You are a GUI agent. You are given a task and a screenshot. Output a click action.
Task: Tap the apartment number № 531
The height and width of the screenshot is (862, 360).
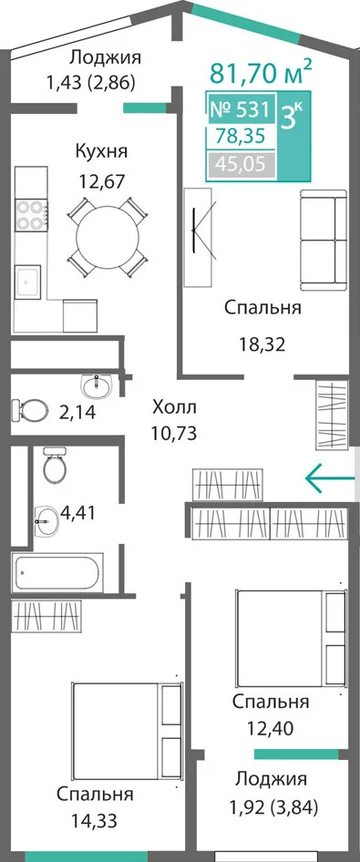pos(241,110)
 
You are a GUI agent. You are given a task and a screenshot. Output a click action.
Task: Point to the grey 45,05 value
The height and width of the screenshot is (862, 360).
pos(241,164)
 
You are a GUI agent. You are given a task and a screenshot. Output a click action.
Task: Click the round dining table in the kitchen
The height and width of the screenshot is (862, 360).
pos(108,236)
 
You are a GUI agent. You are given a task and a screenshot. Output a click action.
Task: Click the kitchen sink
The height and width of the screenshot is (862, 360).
pos(27,283)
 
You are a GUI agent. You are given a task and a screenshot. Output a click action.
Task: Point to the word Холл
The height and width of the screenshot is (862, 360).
pos(174,408)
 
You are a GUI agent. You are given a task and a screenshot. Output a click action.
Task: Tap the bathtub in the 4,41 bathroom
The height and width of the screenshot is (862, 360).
pos(57,574)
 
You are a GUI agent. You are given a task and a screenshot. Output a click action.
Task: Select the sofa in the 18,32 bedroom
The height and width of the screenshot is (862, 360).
pos(324,240)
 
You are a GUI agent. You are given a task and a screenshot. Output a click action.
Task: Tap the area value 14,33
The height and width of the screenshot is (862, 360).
pos(94,822)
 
